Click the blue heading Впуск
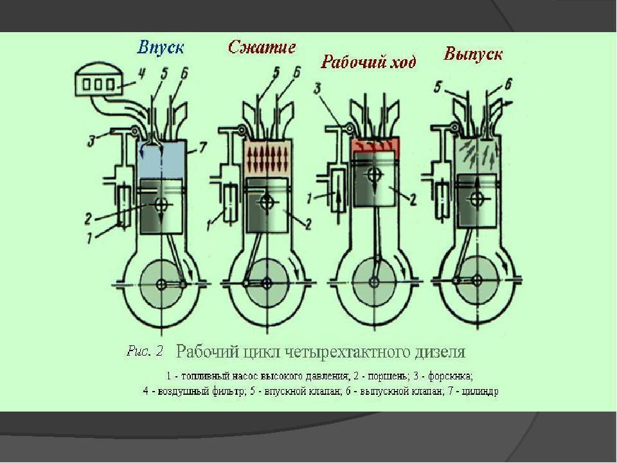click(x=161, y=48)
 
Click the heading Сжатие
click(x=262, y=47)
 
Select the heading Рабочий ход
click(x=368, y=62)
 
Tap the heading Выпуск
click(x=473, y=54)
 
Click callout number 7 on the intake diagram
click(x=202, y=148)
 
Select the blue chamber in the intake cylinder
click(x=161, y=159)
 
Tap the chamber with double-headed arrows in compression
click(x=268, y=158)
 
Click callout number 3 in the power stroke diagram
click(x=317, y=88)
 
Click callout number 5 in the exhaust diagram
click(x=438, y=87)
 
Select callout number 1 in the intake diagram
click(x=91, y=238)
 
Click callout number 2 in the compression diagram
click(x=308, y=224)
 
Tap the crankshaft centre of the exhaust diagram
click(x=478, y=280)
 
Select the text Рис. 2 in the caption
click(x=145, y=351)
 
